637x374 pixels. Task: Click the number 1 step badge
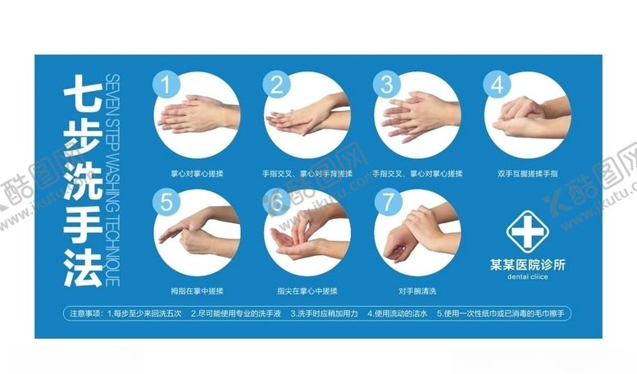[167, 84]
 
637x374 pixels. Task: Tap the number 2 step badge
[277, 84]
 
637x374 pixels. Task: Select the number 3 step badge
[386, 84]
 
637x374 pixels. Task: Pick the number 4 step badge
[496, 84]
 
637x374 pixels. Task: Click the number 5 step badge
[167, 202]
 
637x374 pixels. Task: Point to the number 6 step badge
[277, 202]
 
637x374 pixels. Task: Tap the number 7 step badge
[386, 202]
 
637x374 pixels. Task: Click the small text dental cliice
[526, 277]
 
